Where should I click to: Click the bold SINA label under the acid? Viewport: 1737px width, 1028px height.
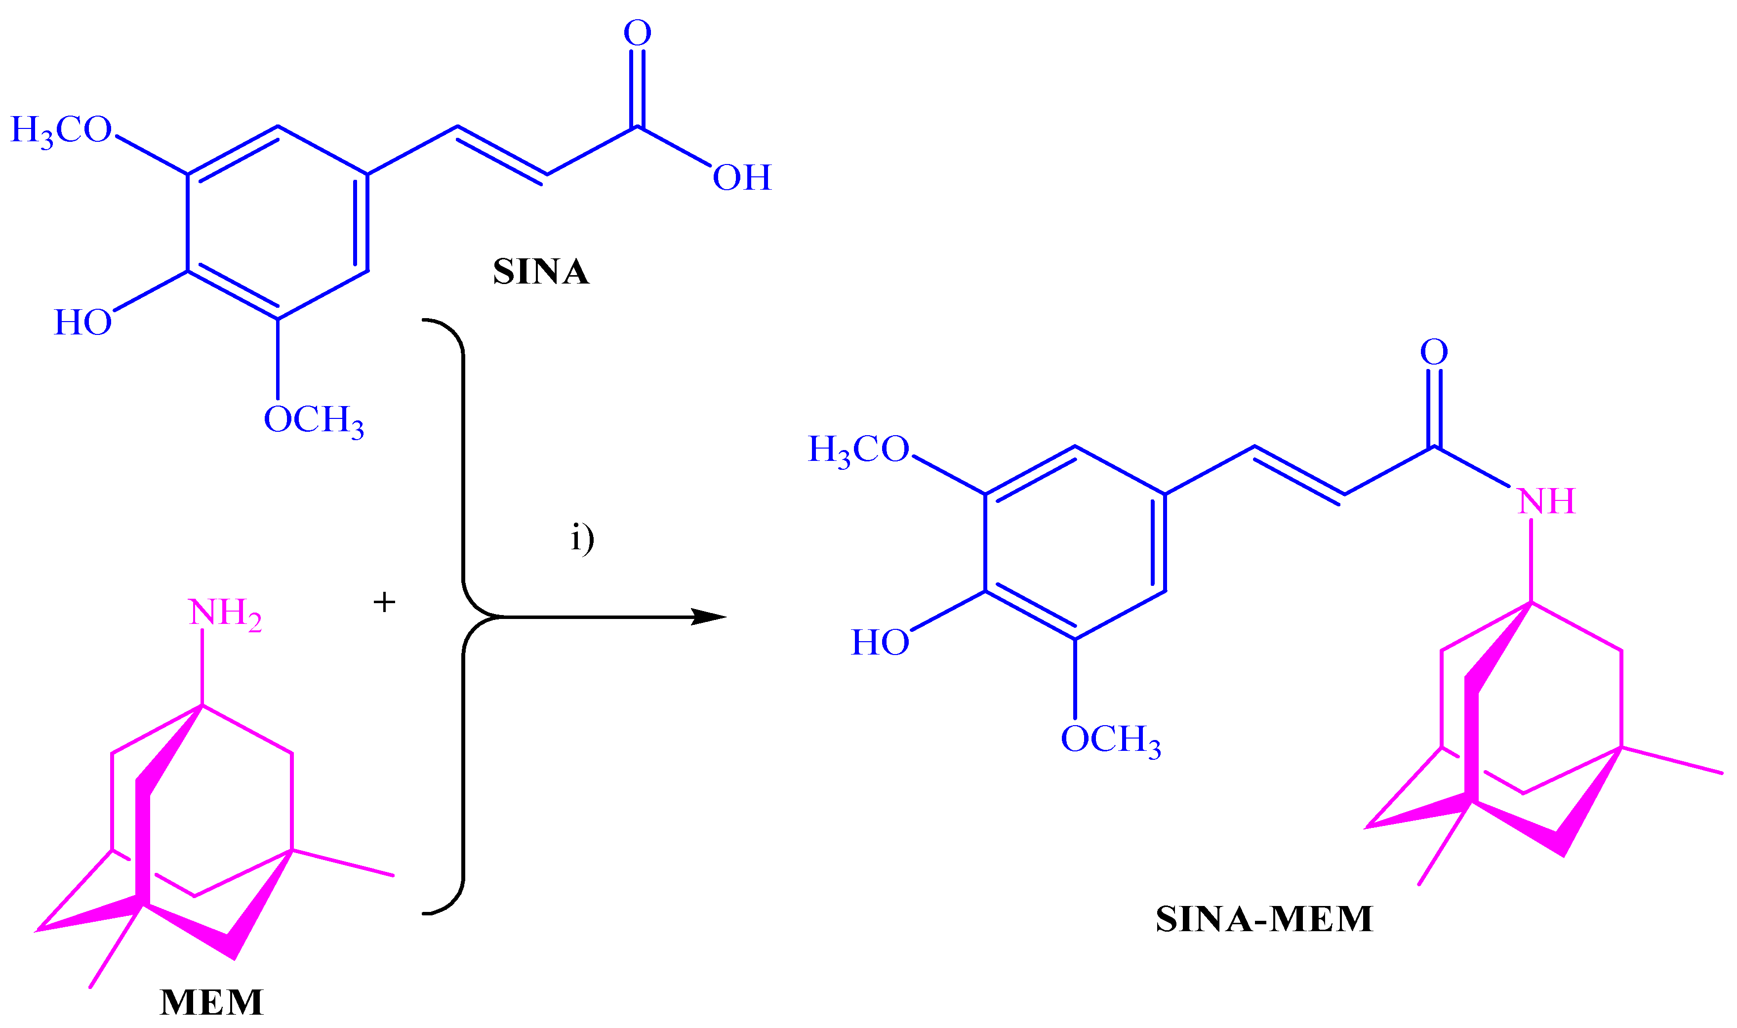[541, 272]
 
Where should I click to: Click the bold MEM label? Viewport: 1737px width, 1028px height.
[212, 1002]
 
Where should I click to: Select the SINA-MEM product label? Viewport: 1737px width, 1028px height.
[1264, 918]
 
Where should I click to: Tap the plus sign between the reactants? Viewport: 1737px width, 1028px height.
[384, 602]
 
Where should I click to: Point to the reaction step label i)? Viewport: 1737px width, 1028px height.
[582, 538]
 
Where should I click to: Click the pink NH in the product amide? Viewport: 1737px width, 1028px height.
[1546, 501]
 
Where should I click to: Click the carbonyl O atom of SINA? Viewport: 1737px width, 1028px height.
[637, 33]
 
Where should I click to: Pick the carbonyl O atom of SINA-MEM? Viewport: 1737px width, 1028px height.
[1434, 352]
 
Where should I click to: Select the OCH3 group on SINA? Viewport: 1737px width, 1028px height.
[314, 420]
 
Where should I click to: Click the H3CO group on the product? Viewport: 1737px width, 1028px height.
[859, 450]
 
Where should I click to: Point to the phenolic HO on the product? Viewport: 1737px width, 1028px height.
[880, 643]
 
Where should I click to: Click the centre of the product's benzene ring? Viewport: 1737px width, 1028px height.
[1075, 542]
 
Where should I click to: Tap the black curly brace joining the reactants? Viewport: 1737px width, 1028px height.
[463, 617]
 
